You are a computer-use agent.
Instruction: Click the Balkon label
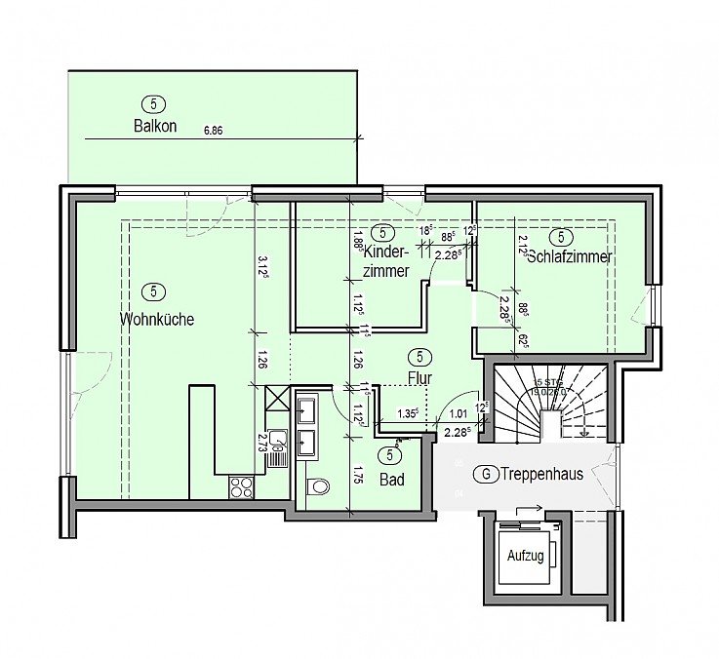click(x=155, y=126)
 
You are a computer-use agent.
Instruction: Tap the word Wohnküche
click(x=157, y=319)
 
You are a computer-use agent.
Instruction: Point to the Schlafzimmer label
click(x=569, y=257)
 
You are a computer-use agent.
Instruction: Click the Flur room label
click(x=420, y=377)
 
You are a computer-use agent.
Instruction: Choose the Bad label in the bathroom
click(x=393, y=480)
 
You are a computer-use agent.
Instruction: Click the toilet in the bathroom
click(x=317, y=489)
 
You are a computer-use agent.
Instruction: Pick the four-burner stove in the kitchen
click(x=241, y=485)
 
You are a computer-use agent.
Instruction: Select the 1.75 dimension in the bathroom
click(x=358, y=478)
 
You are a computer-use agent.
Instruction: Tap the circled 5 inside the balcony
click(x=152, y=103)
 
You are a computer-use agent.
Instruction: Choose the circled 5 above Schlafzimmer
click(x=562, y=236)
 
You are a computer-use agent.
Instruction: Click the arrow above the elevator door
click(x=528, y=508)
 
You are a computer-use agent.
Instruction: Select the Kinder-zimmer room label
click(x=384, y=260)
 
